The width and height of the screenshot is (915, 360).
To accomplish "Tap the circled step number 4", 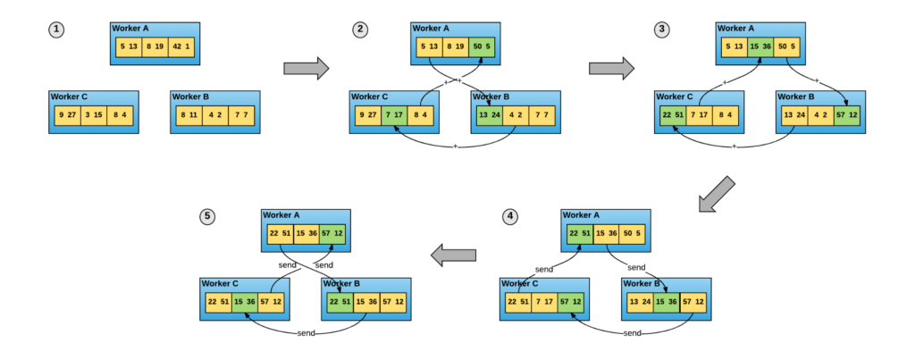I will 509,217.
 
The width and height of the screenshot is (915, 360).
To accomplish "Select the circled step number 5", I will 207,217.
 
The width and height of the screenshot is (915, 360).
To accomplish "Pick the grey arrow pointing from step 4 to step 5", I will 453,255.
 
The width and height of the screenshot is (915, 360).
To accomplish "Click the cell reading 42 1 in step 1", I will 181,46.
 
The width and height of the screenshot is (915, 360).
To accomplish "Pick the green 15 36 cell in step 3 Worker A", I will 760,46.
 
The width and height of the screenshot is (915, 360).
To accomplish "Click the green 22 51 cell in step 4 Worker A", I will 579,234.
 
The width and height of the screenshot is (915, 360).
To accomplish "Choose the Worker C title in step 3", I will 676,96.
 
